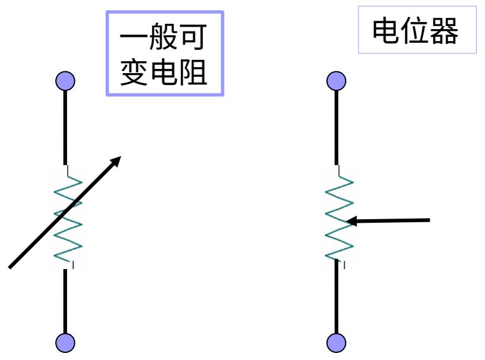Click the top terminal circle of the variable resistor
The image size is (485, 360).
click(x=66, y=80)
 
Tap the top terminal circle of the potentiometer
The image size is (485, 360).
click(x=337, y=80)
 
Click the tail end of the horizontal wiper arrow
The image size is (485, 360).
click(x=428, y=220)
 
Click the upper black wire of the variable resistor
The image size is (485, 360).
click(x=66, y=125)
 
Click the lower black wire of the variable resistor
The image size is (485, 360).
click(x=66, y=300)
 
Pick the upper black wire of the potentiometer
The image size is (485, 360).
click(x=337, y=125)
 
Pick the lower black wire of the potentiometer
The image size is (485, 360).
click(x=337, y=300)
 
